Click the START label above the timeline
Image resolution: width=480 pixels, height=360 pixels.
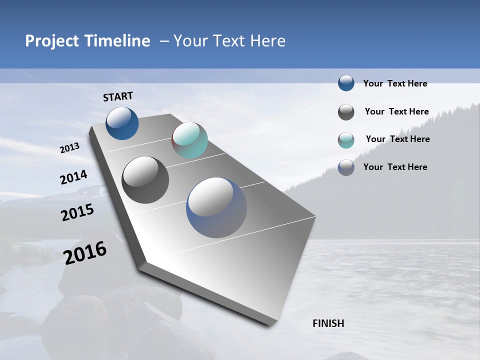(118, 96)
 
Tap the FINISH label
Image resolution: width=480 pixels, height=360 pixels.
(328, 323)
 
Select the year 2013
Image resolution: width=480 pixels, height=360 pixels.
(69, 148)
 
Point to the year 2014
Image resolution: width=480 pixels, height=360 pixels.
(73, 177)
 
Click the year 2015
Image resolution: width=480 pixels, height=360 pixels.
(77, 212)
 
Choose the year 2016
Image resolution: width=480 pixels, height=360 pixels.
(85, 253)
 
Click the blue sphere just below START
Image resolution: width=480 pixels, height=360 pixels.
(122, 123)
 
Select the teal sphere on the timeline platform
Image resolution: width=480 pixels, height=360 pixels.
(189, 140)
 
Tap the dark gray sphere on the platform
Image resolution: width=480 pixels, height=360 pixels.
(145, 180)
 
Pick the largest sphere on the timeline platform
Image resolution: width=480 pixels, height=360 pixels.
(216, 207)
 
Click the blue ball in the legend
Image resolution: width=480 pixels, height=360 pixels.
(346, 83)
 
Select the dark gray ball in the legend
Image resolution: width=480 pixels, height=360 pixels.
(346, 112)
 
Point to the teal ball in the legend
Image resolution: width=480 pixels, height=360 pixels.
(346, 140)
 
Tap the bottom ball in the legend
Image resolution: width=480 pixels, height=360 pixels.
(346, 167)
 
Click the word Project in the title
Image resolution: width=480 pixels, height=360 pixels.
(51, 41)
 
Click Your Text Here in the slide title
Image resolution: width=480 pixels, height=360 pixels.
(229, 41)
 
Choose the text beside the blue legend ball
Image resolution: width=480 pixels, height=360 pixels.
(395, 83)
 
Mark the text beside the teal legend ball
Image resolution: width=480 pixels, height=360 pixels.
(397, 139)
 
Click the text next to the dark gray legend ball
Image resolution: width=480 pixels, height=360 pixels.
(396, 111)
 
